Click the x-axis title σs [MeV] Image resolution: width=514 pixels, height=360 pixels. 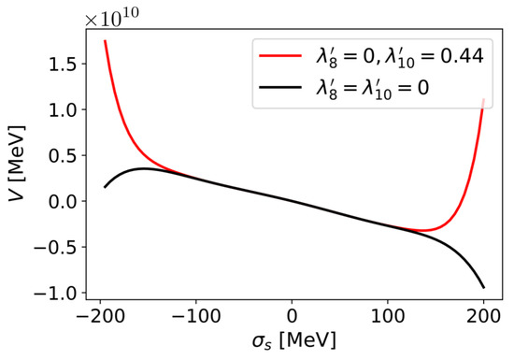pyautogui.click(x=292, y=342)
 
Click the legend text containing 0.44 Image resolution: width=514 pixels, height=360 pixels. pyautogui.click(x=400, y=57)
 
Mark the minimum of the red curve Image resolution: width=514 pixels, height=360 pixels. pyautogui.click(x=422, y=230)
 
